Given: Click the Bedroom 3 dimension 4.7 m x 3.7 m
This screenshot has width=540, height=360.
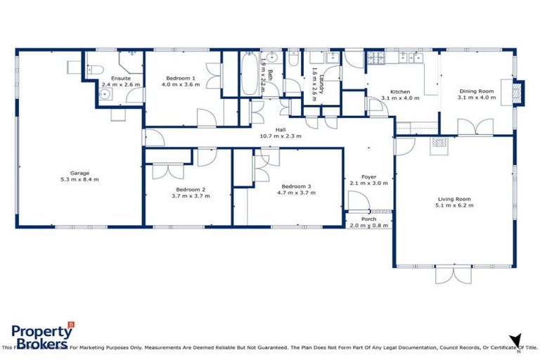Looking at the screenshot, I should (x=294, y=192).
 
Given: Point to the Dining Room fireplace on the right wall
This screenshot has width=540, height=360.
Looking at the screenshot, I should (x=518, y=94).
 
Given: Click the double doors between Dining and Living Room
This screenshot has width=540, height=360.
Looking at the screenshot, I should (x=470, y=127).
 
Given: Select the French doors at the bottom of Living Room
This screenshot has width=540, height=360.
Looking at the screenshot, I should (x=453, y=274).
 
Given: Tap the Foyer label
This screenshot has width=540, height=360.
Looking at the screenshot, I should (x=368, y=176).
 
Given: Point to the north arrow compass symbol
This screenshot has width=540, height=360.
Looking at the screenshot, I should (x=517, y=340).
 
